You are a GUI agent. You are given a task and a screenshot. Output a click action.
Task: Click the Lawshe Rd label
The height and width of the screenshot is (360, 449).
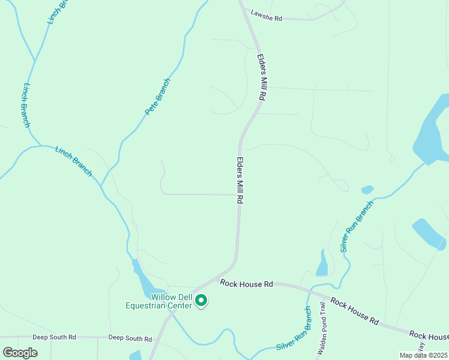click(x=267, y=19)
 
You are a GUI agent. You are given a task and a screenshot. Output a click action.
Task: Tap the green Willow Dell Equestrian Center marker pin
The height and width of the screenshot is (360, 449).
click(x=202, y=300)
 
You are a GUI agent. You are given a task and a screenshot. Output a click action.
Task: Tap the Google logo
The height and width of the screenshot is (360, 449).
click(x=20, y=352)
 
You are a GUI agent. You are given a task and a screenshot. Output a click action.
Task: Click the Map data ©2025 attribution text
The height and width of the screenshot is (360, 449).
click(x=424, y=355)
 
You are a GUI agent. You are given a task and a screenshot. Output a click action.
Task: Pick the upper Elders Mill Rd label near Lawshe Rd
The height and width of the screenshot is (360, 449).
click(x=262, y=77)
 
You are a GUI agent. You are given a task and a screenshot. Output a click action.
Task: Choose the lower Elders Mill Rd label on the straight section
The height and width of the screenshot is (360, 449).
click(x=240, y=181)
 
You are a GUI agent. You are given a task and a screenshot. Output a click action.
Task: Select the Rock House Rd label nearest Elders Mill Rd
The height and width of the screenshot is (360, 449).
click(x=247, y=283)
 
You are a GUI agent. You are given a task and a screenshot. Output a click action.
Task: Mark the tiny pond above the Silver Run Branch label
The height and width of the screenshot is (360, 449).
click(x=367, y=190)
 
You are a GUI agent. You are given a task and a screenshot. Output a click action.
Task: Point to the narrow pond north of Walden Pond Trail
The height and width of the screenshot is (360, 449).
click(x=322, y=263)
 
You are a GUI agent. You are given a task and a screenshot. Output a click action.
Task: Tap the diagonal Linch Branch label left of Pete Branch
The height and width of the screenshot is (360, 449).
click(x=74, y=161)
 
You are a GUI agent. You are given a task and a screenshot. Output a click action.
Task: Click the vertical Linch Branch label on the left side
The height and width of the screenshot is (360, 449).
click(x=26, y=104)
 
